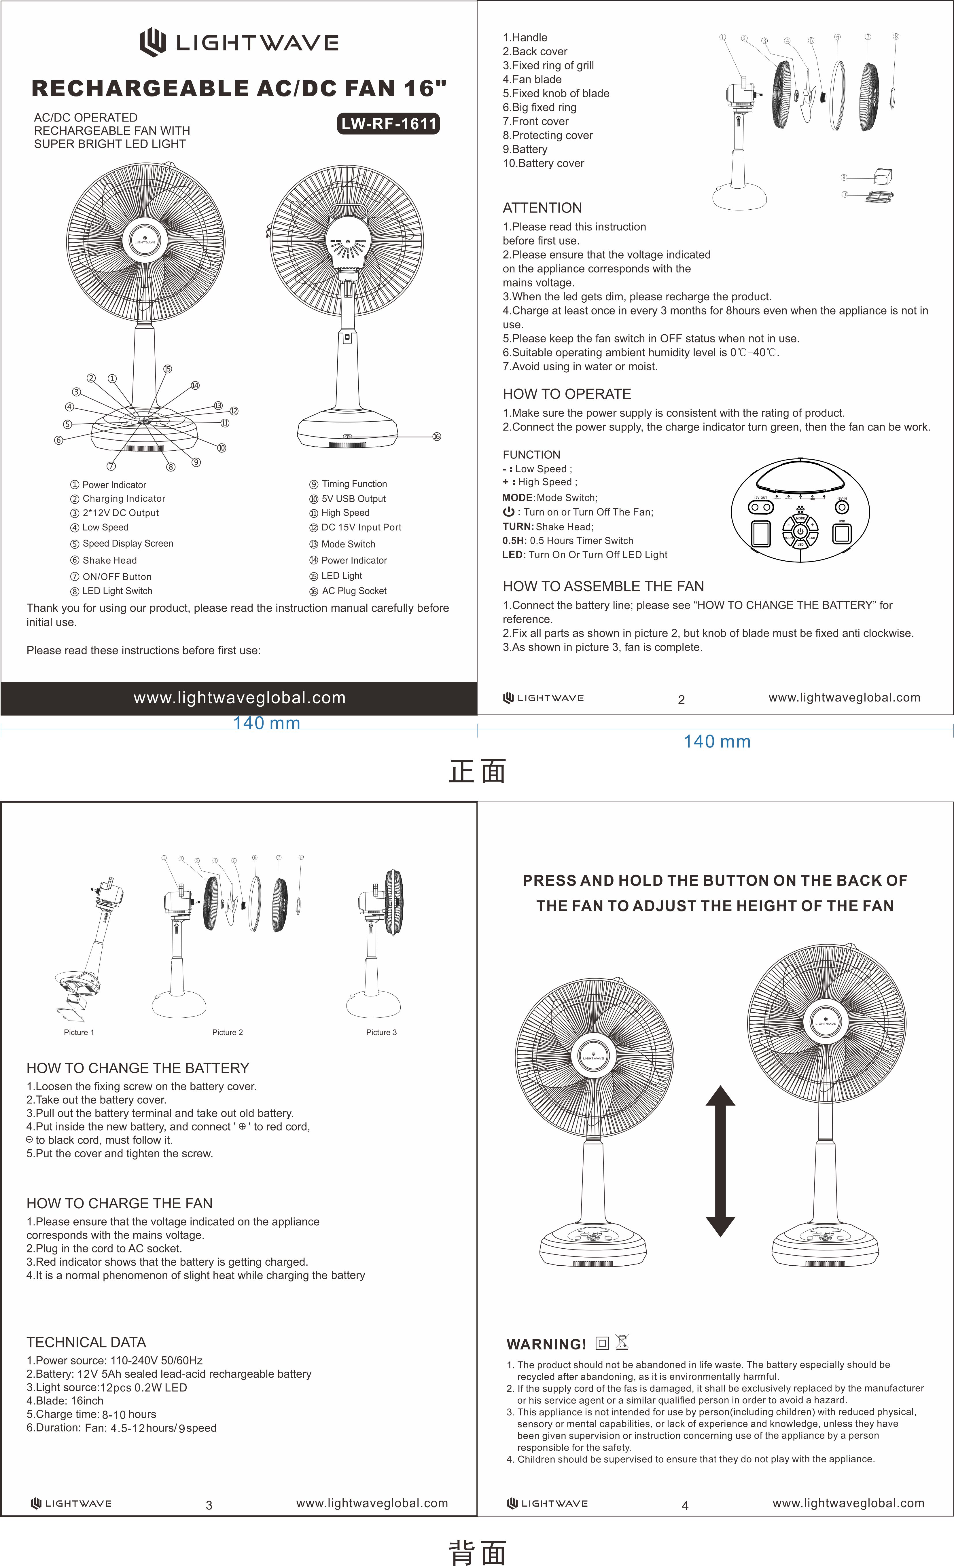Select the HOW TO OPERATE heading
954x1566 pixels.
(x=566, y=394)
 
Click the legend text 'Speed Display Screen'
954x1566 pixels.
(x=128, y=543)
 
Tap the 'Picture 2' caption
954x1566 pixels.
(x=227, y=1032)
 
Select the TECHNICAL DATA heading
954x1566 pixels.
(x=86, y=1342)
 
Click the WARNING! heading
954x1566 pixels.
(x=546, y=1344)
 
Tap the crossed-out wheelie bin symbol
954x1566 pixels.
(x=622, y=1342)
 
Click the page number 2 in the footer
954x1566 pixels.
(x=681, y=700)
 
